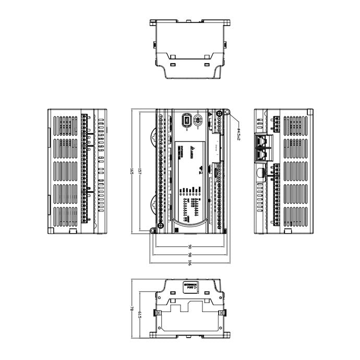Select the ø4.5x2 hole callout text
238,135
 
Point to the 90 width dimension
190,246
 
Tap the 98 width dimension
190,254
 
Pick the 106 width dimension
190,262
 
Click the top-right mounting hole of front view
228,113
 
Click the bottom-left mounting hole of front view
152,230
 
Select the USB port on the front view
186,121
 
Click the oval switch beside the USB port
198,121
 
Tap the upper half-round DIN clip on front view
153,137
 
